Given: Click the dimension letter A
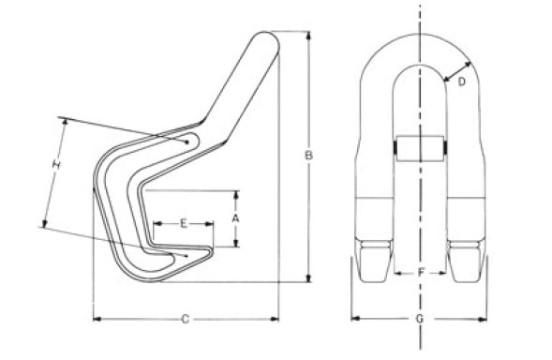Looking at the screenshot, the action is [x=235, y=218].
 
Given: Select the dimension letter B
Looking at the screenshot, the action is [x=308, y=156].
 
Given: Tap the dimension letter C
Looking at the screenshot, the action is [x=186, y=319].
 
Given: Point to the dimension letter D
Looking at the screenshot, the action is [x=461, y=82].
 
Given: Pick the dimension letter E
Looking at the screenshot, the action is [x=184, y=223].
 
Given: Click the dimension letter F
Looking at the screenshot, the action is [x=421, y=272].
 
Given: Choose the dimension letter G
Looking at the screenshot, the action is [x=420, y=319].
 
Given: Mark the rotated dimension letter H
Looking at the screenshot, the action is [x=56, y=164].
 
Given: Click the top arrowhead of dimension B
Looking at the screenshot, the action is [x=308, y=36].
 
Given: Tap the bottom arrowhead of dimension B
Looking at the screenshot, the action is [x=308, y=277].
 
